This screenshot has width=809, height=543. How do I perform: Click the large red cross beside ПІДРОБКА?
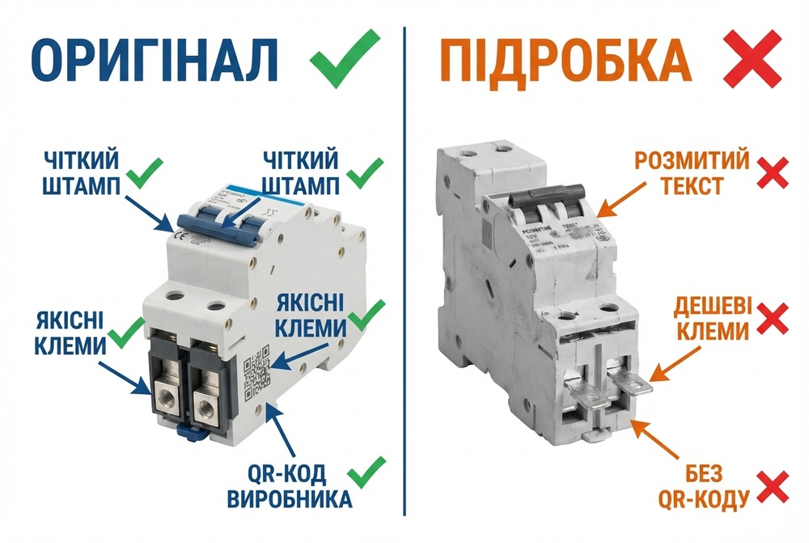tap(752, 61)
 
